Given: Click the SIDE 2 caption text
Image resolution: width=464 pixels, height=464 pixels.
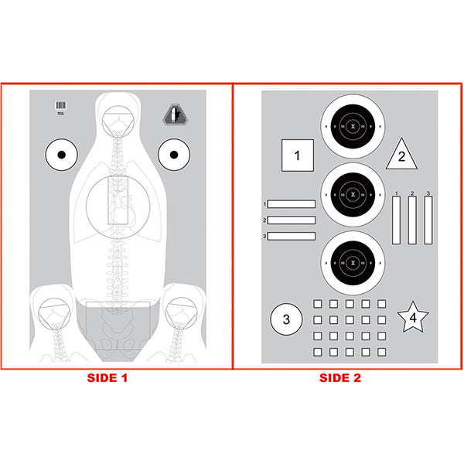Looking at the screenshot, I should click(x=340, y=378).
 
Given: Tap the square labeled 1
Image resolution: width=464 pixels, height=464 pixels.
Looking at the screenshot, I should click(x=297, y=155).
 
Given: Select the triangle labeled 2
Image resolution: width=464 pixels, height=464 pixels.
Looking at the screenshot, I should click(x=401, y=155).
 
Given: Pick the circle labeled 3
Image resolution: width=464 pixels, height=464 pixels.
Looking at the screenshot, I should click(x=285, y=319).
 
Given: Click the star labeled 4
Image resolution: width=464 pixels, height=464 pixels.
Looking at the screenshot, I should click(x=413, y=317).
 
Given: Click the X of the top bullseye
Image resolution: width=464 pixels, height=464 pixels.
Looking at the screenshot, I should click(x=353, y=126).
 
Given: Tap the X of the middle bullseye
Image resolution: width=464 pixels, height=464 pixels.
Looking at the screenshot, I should click(x=353, y=194).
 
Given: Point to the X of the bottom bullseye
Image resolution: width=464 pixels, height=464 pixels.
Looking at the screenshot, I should click(x=353, y=262).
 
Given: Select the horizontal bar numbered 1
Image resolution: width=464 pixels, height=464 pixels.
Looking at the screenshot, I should click(x=292, y=204).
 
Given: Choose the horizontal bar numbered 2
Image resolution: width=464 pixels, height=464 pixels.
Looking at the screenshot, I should click(x=292, y=220).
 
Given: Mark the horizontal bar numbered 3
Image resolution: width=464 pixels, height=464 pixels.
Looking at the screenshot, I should click(x=292, y=235).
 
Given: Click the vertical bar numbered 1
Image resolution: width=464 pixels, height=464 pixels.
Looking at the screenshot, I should click(x=397, y=220).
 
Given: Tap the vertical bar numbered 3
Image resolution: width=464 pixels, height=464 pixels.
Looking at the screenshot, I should click(x=428, y=220).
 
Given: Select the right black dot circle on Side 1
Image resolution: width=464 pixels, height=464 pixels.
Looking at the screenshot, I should click(x=173, y=155).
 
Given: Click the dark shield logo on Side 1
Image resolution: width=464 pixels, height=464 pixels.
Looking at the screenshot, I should click(x=174, y=115).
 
